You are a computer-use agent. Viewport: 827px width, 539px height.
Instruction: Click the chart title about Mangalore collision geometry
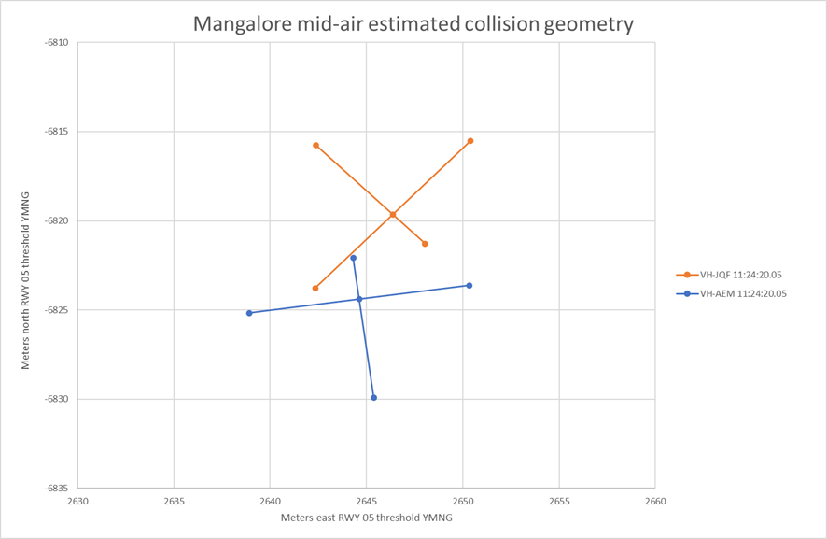click(x=413, y=24)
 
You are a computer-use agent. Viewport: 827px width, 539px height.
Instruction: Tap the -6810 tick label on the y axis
click(x=57, y=43)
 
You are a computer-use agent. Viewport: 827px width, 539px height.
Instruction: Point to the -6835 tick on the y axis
click(x=57, y=488)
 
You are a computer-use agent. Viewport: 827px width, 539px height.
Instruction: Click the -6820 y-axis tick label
click(x=57, y=220)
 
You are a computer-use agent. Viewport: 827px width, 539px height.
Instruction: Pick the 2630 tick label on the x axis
click(x=77, y=502)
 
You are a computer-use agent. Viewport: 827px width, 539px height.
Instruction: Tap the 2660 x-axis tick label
click(x=655, y=502)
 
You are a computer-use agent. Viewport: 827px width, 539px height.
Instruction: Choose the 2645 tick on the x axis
click(x=367, y=502)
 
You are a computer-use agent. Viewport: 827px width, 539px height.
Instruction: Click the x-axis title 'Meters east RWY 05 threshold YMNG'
click(x=366, y=518)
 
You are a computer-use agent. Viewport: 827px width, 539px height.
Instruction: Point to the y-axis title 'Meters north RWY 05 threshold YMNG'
click(x=26, y=280)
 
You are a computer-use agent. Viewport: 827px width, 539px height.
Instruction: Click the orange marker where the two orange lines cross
click(x=393, y=215)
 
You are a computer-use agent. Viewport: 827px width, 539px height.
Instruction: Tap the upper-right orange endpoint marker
click(x=470, y=141)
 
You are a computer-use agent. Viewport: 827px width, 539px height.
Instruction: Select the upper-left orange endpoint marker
click(x=316, y=146)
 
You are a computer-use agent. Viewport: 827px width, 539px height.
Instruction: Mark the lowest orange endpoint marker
click(x=315, y=289)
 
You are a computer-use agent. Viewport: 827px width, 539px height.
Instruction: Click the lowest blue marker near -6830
click(x=374, y=398)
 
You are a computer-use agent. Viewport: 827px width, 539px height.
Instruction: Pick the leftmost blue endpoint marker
click(x=249, y=313)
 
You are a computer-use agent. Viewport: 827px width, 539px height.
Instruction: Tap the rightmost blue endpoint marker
click(x=470, y=286)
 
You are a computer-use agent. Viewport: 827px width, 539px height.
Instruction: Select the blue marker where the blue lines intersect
click(x=359, y=299)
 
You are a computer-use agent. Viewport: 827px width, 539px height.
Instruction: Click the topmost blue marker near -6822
click(x=353, y=258)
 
